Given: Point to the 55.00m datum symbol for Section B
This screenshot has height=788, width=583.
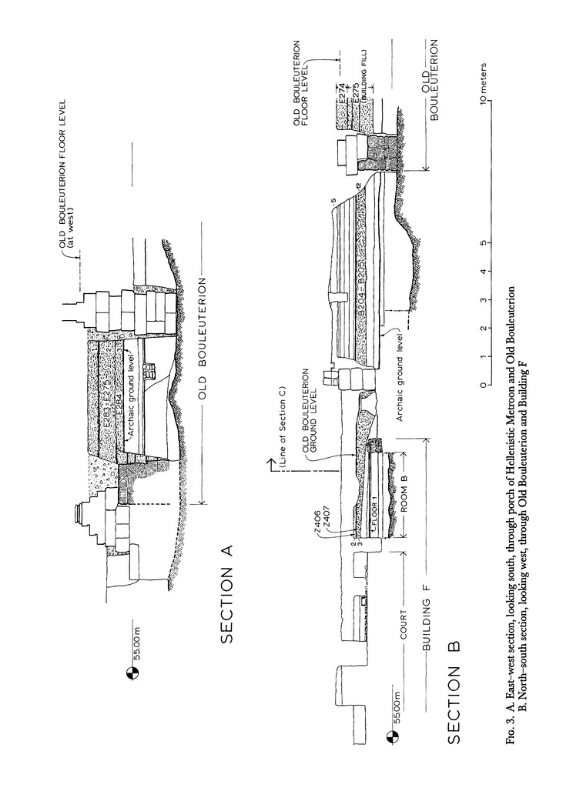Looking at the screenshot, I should (x=393, y=738).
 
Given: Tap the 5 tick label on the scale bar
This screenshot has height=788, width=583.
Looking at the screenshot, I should (x=482, y=243).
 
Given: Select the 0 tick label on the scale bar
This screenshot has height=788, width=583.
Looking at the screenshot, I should (x=482, y=385).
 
